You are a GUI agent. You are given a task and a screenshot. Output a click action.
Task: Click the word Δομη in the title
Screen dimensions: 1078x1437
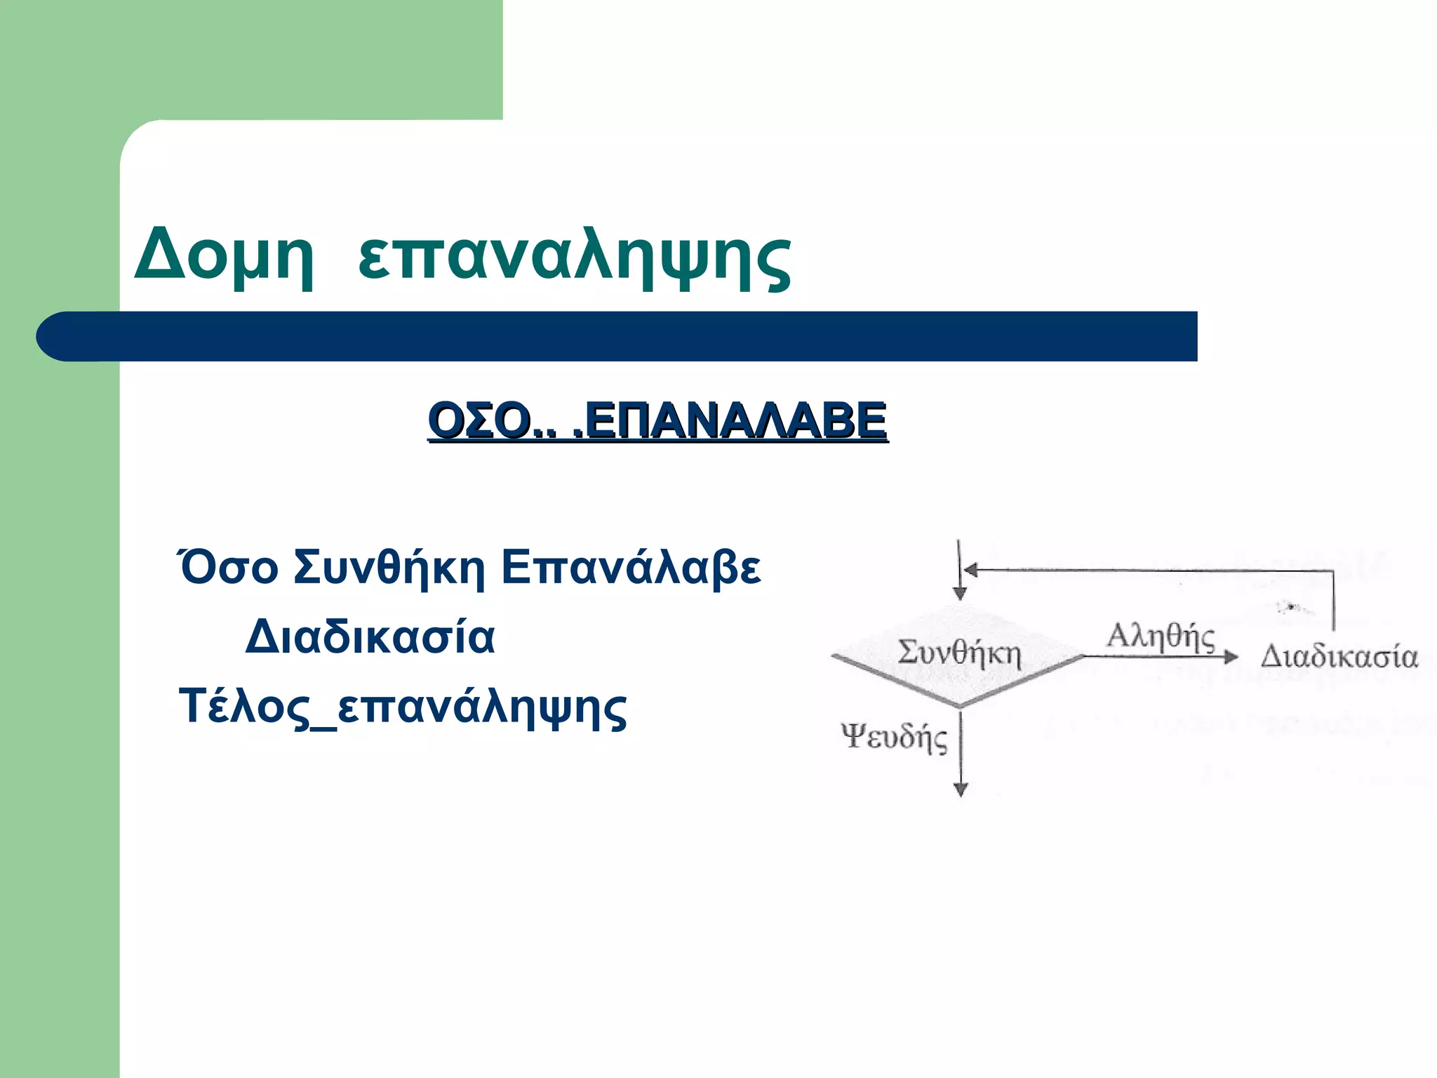[223, 254]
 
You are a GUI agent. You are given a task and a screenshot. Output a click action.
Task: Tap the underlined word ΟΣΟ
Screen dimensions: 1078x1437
[480, 420]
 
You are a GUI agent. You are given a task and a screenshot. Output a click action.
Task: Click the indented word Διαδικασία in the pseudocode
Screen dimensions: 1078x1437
[370, 637]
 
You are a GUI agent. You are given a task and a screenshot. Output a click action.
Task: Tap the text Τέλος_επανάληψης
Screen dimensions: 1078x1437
[403, 707]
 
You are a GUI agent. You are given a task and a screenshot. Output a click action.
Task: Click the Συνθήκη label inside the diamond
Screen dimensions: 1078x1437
[959, 653]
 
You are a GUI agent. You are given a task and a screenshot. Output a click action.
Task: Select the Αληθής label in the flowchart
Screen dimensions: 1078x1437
[1161, 637]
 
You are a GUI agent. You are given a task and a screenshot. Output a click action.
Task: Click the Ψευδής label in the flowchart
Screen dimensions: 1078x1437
[894, 737]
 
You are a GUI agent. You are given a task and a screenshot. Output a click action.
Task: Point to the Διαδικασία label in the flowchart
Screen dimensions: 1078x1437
[1339, 657]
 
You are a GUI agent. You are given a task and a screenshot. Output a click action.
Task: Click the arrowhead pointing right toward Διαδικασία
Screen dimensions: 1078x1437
[1231, 657]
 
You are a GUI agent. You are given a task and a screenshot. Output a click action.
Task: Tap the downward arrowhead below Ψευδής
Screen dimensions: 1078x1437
[961, 789]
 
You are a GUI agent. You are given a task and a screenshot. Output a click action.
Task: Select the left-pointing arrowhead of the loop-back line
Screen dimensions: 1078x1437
[971, 570]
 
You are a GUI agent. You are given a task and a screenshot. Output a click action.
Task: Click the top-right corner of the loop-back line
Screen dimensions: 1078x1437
[1332, 572]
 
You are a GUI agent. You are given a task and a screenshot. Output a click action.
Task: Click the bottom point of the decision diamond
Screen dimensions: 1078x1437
[960, 705]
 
